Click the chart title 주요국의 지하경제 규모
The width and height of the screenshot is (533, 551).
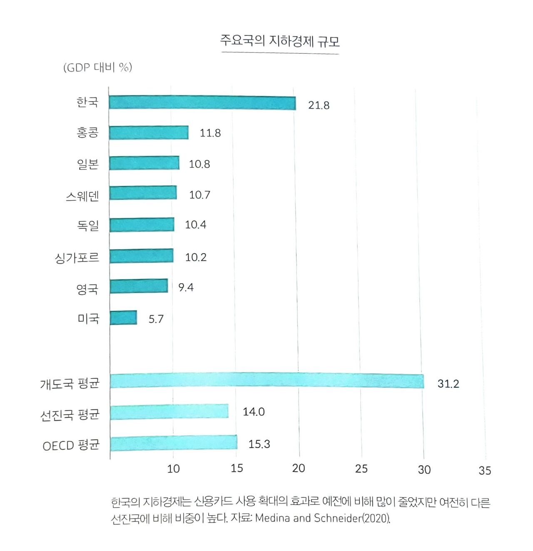point(280,41)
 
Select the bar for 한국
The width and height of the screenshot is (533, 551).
point(202,102)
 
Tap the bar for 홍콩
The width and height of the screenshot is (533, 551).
point(149,132)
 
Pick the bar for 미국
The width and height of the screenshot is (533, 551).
point(123,317)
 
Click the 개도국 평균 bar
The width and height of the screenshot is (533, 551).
point(266,381)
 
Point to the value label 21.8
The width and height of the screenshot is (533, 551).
point(319,105)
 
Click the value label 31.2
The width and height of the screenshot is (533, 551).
point(448,384)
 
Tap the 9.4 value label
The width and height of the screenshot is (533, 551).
point(186,287)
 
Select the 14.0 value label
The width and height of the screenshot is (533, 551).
point(254,412)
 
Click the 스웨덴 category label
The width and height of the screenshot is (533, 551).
point(82,195)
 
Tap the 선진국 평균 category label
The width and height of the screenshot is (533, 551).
point(70,415)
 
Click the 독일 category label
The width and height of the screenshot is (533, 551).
point(88,226)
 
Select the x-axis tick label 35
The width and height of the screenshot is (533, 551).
point(485,471)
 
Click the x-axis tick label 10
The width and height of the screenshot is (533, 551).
point(173,469)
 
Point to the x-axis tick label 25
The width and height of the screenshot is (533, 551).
point(361,469)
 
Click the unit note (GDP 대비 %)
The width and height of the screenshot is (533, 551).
point(98,67)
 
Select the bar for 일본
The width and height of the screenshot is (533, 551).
point(144,163)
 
